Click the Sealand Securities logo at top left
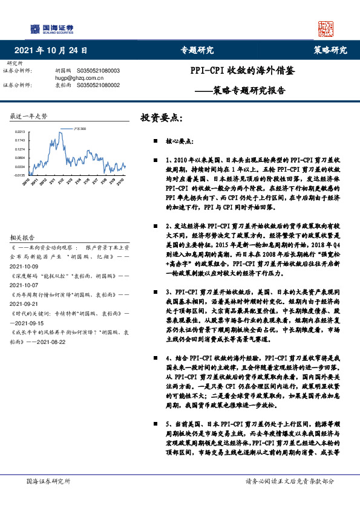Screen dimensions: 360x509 [53, 28]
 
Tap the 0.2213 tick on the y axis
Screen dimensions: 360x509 [20, 131]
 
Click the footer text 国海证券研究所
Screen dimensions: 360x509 [48, 481]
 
